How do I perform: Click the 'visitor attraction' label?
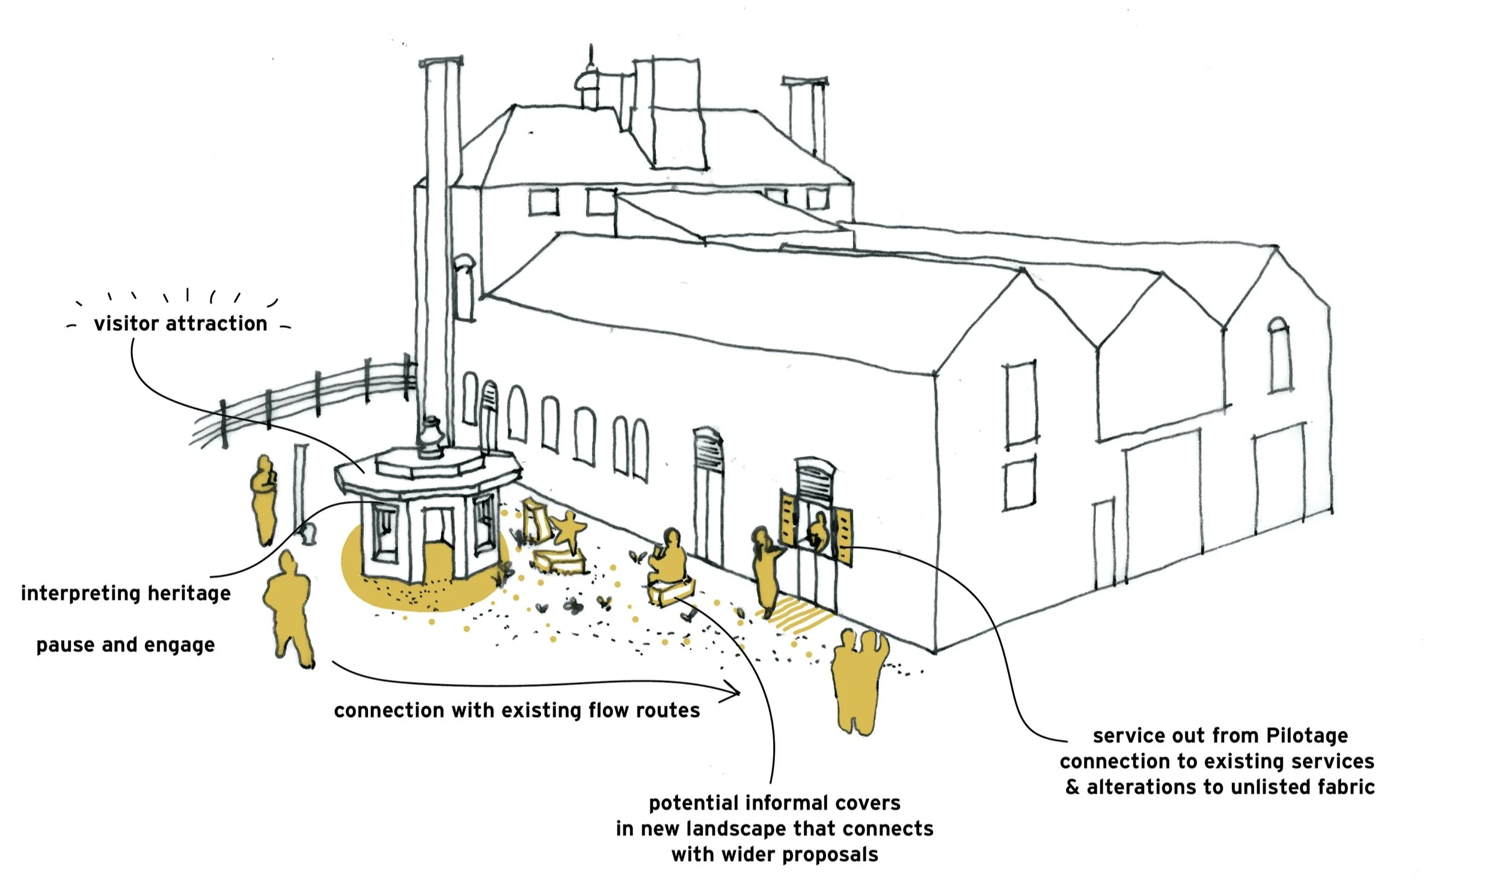point(180,324)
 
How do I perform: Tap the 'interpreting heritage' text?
point(126,593)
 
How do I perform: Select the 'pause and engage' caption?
point(126,645)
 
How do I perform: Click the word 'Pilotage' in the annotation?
point(1307,735)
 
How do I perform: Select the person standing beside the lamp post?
point(263,499)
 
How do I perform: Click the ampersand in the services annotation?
point(1073,787)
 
